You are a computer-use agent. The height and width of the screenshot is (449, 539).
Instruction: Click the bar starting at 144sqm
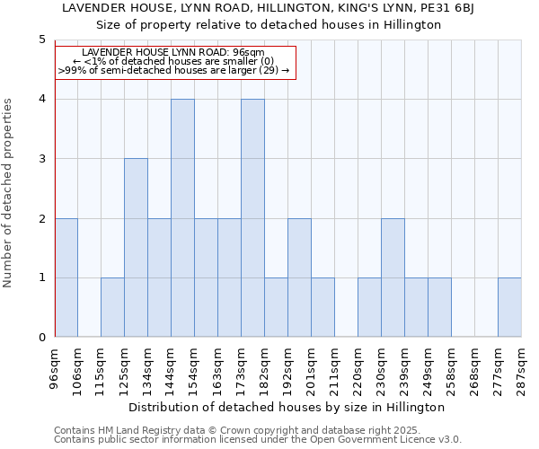pos(182,218)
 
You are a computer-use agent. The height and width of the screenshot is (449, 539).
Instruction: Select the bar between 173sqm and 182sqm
pos(252,218)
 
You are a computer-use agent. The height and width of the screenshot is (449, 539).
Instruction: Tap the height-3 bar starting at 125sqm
pos(136,248)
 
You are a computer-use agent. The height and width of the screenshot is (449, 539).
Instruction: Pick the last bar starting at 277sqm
pos(509,307)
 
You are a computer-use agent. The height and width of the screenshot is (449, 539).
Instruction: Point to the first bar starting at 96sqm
pos(66,277)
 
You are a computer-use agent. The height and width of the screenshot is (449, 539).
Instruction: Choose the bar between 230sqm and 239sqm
pos(393,277)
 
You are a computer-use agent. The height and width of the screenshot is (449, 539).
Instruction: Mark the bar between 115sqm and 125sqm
pos(112,307)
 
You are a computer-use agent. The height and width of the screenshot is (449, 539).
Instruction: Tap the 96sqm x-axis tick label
pos(55,366)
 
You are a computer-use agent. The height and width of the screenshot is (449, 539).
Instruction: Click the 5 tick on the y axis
pos(41,40)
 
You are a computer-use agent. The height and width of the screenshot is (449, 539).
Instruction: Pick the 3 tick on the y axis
pos(41,159)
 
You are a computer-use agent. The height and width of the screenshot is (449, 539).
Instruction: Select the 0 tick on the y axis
pos(41,338)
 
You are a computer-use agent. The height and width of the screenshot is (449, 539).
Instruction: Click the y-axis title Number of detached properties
pos(8,193)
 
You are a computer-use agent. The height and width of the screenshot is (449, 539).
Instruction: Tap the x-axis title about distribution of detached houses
pos(287,407)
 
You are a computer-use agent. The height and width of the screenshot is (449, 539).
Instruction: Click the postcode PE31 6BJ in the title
pos(447,8)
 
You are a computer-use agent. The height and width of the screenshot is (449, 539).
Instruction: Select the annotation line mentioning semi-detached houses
pos(173,70)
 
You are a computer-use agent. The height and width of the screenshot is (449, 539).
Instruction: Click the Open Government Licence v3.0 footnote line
pos(258,439)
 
